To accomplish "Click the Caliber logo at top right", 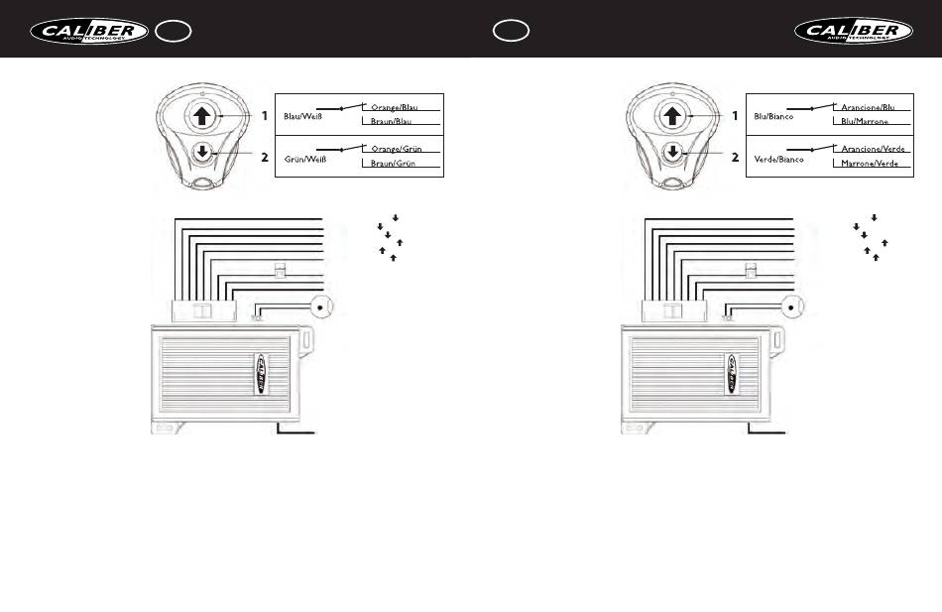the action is coord(854,31).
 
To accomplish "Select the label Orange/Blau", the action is coord(394,107).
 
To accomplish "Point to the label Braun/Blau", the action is coord(392,122).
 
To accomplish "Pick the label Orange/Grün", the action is coord(396,148).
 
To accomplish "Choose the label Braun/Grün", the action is coord(394,164).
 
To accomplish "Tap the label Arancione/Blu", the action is coord(868,107).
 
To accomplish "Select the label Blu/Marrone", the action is coord(864,122).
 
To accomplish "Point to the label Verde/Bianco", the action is coord(778,159).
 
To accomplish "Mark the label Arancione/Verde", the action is coord(872,148).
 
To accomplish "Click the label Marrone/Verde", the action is coord(870,164).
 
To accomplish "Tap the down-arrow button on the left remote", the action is coord(202,153).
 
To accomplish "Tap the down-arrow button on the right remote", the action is coord(673,153).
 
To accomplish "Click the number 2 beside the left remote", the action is coord(265,157).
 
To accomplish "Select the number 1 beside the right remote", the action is coord(735,115).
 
